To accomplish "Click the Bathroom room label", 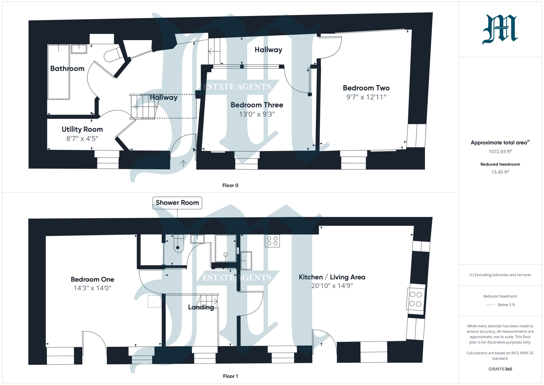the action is point(67,68).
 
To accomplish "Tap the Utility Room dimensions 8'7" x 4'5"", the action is point(82,138).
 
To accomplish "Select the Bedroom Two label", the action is point(366,88).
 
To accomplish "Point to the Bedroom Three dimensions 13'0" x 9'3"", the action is point(257,114).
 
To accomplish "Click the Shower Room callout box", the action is point(177,203).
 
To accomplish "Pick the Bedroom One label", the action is point(92,279).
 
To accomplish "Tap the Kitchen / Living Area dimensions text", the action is point(332,286).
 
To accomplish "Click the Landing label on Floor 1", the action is point(201,307).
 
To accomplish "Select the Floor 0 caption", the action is point(230,185).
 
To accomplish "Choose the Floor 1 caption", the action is point(230,376).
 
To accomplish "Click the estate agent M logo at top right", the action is point(500,29).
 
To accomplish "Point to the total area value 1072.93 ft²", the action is point(500,151).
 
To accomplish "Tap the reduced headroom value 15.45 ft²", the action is point(500,172).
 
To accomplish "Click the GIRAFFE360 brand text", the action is point(500,369).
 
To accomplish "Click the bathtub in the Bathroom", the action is point(59,72).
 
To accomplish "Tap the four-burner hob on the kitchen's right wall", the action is point(416,299).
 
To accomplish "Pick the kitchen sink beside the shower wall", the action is point(246,261).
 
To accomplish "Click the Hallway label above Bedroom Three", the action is point(268,50).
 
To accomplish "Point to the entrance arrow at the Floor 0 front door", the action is point(183,163).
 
